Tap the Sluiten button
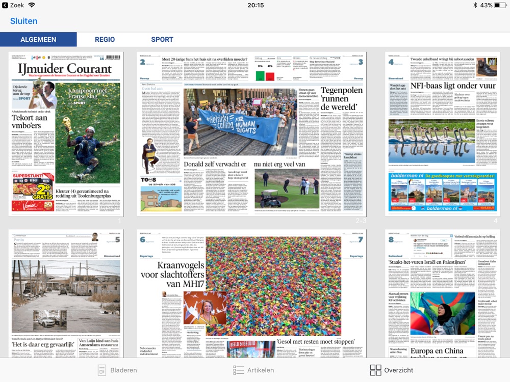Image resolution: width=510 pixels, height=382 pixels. coord(24,21)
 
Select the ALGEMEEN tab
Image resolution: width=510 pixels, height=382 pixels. coord(38,39)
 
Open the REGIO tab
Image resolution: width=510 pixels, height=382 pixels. coord(105,39)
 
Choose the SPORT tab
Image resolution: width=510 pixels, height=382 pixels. coord(162,39)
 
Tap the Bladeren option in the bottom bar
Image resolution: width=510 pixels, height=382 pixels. coord(117,370)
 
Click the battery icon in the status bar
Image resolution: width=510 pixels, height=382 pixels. coord(501,5)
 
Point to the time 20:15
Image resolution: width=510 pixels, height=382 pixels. coord(256,5)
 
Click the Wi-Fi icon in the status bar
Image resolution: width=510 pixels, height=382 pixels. coord(32,5)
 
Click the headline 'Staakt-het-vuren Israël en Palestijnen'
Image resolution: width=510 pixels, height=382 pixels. coord(426,262)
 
